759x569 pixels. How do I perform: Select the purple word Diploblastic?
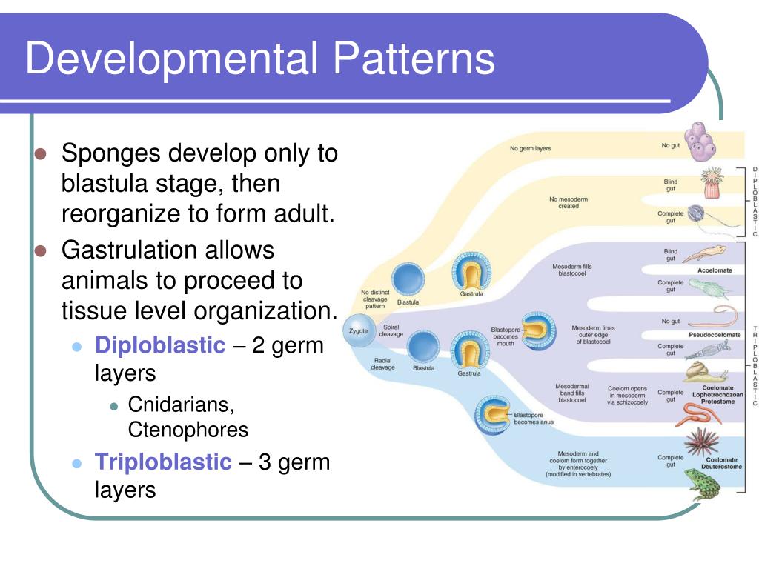(159, 345)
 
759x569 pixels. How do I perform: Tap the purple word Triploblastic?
(163, 462)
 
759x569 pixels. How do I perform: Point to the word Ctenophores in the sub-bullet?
(188, 430)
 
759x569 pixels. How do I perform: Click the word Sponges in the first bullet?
(112, 154)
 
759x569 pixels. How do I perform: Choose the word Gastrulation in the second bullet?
(130, 250)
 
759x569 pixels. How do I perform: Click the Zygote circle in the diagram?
(359, 330)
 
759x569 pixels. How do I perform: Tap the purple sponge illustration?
(700, 142)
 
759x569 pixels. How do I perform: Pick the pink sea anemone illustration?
(710, 182)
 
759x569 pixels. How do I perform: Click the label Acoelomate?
(715, 270)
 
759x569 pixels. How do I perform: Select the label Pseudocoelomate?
(715, 335)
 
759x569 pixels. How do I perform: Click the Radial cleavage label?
(383, 364)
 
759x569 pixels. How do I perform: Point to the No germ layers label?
(530, 149)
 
